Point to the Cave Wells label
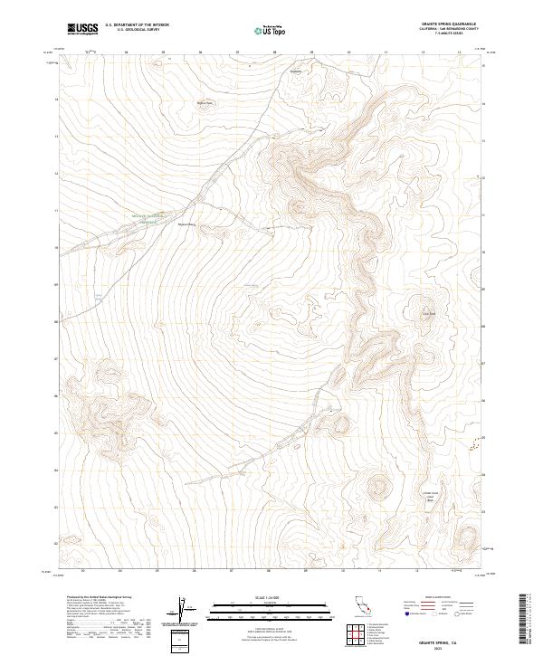point(429,315)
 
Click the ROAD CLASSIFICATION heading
point(447,598)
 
